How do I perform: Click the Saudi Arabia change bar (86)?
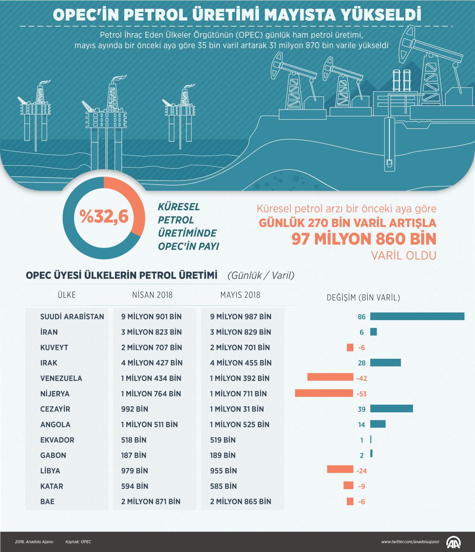point(417,316)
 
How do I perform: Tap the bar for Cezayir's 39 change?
point(391,408)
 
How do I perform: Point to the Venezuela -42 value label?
point(361,378)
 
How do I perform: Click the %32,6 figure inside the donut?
point(104,217)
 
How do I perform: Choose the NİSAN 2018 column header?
point(152,295)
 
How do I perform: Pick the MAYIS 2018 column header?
point(240,295)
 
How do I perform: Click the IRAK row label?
point(49,363)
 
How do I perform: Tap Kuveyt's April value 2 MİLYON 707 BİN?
point(151,347)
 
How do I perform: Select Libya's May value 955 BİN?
point(224,470)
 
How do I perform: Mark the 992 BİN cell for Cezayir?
point(134,409)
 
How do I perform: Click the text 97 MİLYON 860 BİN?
point(363,239)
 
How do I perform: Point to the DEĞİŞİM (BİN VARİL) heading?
point(363,298)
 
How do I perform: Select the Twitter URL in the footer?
point(410,542)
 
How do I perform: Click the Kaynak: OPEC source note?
point(78,542)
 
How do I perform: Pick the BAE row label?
point(47,501)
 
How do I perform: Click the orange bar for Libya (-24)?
point(340,469)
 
